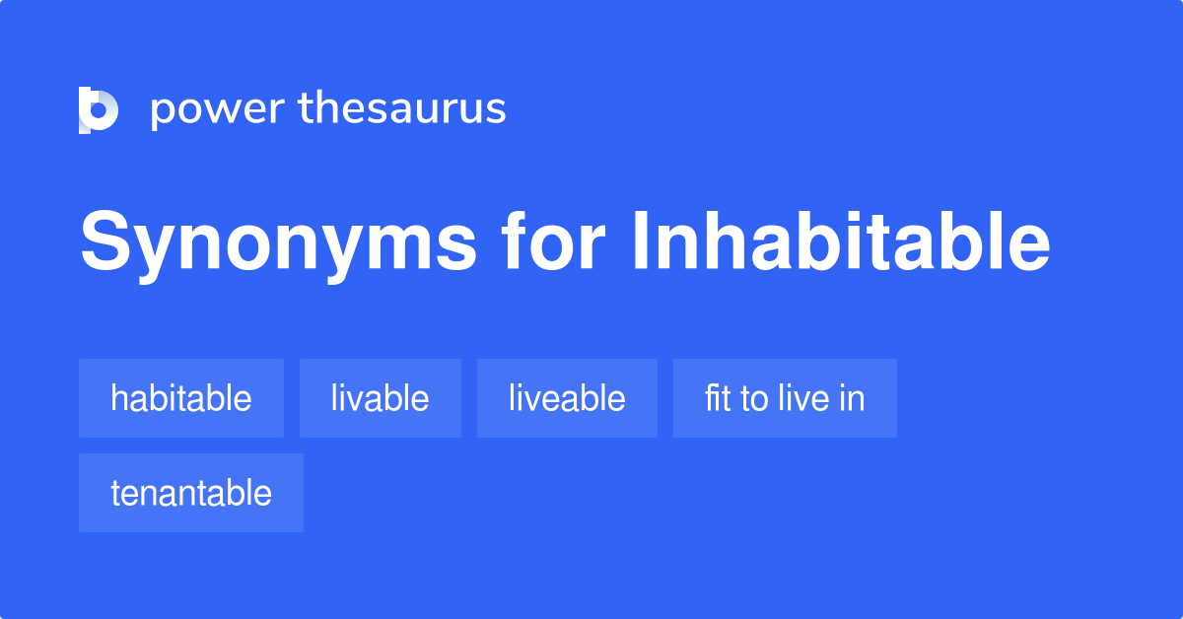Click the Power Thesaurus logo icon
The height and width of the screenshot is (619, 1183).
(99, 109)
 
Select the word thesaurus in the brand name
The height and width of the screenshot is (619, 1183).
(402, 108)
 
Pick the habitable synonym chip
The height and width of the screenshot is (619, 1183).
(181, 398)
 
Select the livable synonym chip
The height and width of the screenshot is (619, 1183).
(381, 398)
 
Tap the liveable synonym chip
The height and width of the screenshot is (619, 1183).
(567, 398)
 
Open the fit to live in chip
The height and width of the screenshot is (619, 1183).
(785, 398)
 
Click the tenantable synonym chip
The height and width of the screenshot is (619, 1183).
(191, 493)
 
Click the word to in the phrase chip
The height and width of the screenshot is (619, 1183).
(754, 398)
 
